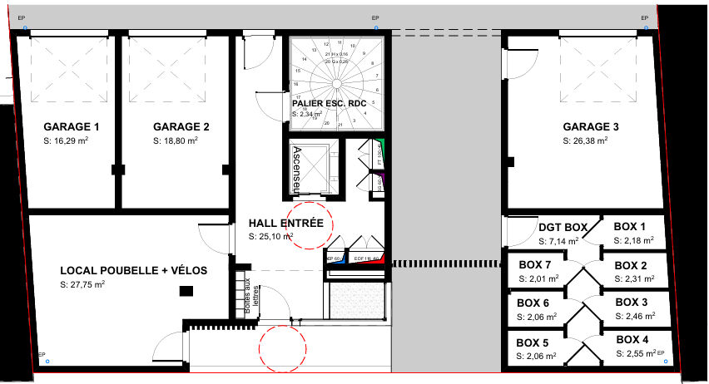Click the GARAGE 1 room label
pos(72,127)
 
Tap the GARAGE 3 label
pos(591,127)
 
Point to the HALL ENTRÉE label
pos(286,224)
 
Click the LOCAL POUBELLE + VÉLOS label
pos(133,271)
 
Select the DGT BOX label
pos(563,227)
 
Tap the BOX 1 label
pos(630,227)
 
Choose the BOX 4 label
pos(632,340)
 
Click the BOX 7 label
pos(534,265)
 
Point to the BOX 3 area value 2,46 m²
pos(634,317)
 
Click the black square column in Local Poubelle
pos(187,290)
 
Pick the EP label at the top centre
pos(374,17)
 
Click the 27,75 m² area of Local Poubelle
pos(82,284)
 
